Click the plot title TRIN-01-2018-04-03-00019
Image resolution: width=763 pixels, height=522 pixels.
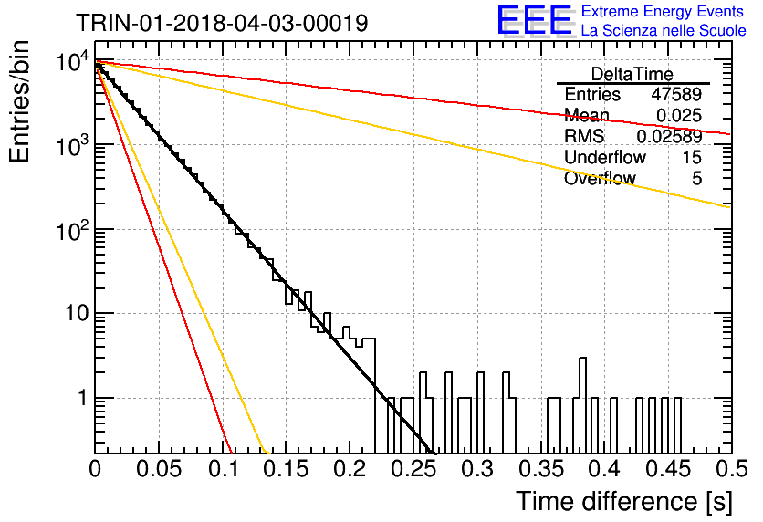(x=222, y=23)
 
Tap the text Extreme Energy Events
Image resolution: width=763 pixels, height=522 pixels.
(x=663, y=11)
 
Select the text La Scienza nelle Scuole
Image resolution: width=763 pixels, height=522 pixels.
(x=664, y=31)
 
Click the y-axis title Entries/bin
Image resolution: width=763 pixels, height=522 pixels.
(x=19, y=101)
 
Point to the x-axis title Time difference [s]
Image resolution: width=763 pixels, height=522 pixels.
(x=624, y=502)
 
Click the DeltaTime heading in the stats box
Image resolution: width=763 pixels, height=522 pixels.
(x=632, y=74)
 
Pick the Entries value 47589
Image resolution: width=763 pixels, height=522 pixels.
(x=676, y=94)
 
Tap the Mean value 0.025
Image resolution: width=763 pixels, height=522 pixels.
(x=679, y=115)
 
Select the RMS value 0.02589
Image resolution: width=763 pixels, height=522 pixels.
(x=669, y=137)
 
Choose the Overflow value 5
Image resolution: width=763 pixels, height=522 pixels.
(x=696, y=179)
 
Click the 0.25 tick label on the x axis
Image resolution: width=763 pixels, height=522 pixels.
(x=414, y=469)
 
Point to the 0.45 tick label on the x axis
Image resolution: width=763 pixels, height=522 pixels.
(x=668, y=469)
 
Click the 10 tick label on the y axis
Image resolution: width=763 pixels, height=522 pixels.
(x=78, y=314)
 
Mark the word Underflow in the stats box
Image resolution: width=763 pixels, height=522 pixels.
(x=605, y=157)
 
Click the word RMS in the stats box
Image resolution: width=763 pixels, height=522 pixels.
(x=584, y=137)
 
